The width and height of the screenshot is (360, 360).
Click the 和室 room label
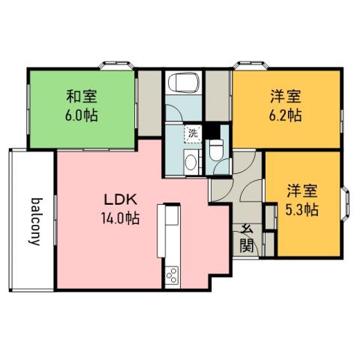coord(82,97)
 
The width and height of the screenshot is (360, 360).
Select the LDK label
coord(119,200)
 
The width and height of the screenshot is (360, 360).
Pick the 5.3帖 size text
coord(301,209)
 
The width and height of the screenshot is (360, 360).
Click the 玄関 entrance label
coord(245,238)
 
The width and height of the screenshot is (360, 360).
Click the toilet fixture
coord(217,153)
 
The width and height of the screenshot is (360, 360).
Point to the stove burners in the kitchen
coord(170,275)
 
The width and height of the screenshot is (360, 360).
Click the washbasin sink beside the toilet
coord(190,160)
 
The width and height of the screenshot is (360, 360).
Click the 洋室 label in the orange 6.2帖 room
coord(286,97)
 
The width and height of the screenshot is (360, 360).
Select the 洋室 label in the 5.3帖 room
coord(301,190)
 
